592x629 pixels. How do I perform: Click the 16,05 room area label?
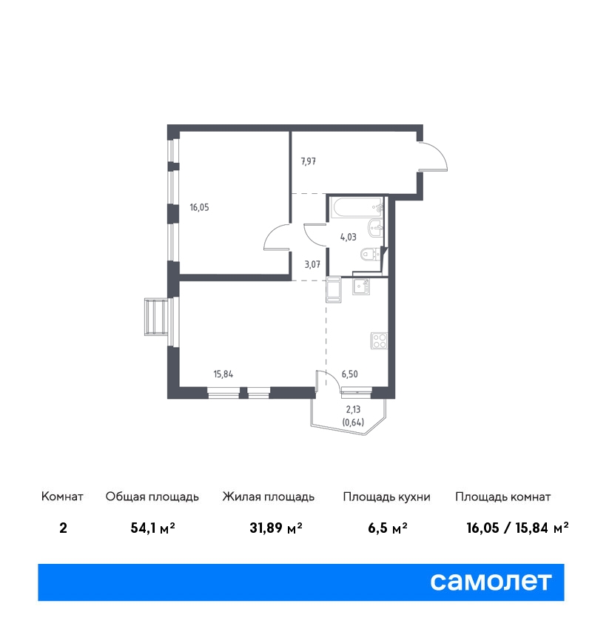click(199, 207)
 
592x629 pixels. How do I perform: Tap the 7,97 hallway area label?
click(309, 161)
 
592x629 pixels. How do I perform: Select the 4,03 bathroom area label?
click(348, 237)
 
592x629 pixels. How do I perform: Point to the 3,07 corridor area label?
click(312, 264)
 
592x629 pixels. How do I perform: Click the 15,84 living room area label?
click(223, 374)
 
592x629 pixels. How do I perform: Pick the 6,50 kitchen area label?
click(350, 374)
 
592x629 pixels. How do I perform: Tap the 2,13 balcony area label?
click(354, 409)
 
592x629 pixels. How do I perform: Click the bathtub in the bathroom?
click(357, 207)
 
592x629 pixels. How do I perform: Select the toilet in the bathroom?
click(371, 254)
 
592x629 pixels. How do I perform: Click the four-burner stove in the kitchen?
click(379, 341)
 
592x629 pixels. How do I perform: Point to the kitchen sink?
click(361, 286)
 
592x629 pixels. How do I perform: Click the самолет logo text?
click(491, 582)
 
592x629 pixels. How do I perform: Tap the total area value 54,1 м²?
click(153, 528)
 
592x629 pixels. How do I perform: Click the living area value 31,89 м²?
click(276, 528)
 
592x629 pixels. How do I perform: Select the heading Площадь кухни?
click(386, 497)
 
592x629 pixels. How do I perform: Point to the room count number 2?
click(63, 528)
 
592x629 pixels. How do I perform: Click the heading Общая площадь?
click(152, 497)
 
